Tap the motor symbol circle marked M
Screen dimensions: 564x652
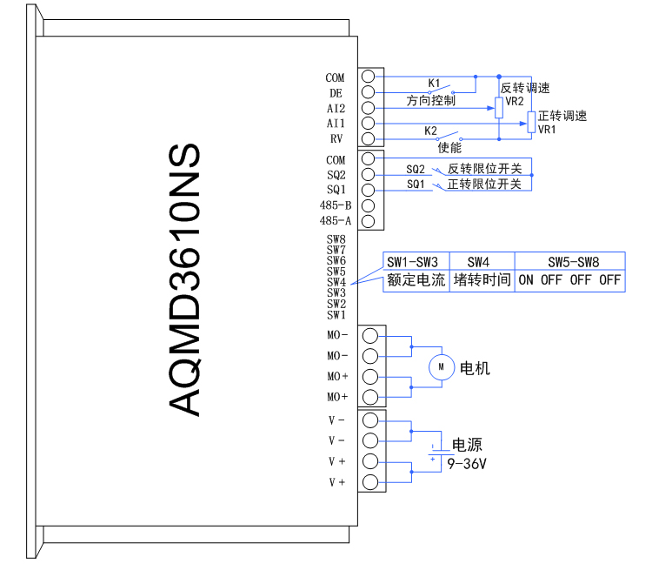442,367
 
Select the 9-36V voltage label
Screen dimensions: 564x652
467,464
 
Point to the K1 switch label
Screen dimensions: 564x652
434,84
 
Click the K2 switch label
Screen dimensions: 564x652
430,131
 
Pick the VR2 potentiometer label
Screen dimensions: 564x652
515,101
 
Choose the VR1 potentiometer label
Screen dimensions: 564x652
547,130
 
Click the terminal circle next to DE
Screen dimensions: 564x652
368,92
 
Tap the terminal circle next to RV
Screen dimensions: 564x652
368,139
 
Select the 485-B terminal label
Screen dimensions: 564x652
336,205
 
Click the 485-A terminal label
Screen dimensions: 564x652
336,221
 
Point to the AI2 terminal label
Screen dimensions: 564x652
336,109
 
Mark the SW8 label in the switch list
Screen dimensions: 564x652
336,238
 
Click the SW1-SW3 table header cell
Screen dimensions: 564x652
412,261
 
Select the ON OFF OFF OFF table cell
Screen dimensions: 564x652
569,280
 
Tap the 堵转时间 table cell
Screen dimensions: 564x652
481,280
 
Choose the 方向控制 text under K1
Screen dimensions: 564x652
431,100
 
